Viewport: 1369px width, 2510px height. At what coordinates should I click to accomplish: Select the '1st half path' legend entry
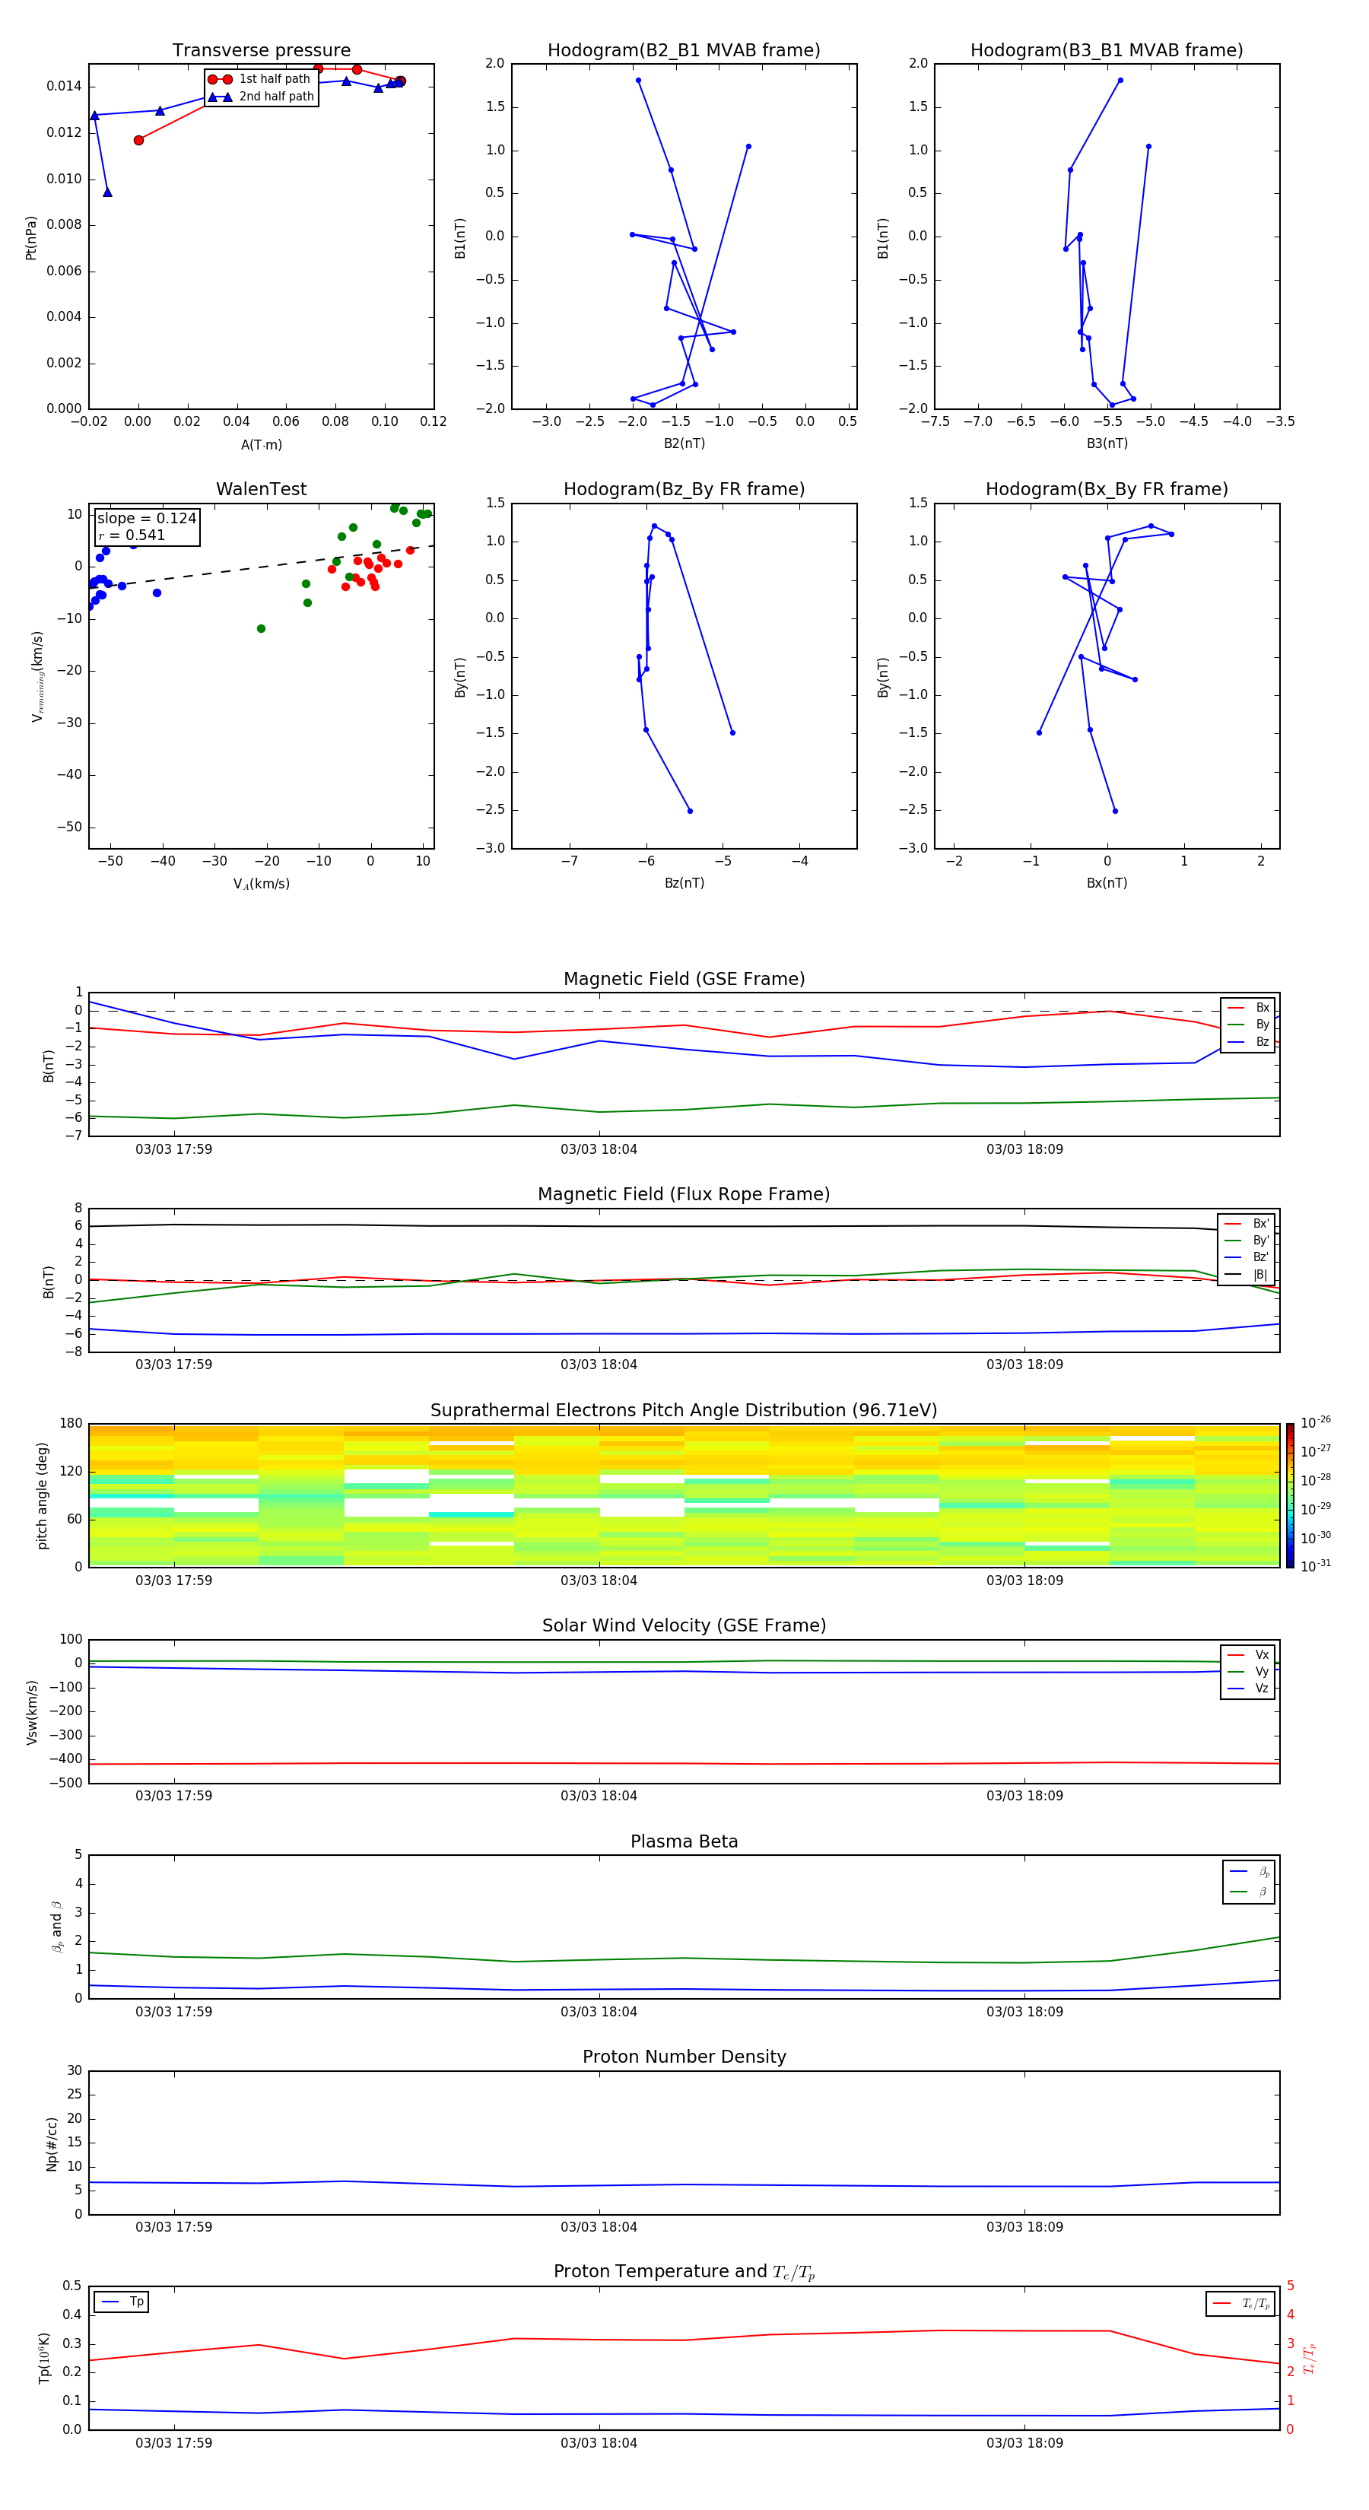[x=274, y=79]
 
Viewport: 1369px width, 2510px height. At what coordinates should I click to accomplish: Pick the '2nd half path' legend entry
[x=276, y=97]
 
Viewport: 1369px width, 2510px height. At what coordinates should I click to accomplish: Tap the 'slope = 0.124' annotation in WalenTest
[x=146, y=519]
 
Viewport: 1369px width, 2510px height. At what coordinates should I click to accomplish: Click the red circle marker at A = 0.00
[x=138, y=140]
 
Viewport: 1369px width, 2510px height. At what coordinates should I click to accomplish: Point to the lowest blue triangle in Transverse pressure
[x=107, y=192]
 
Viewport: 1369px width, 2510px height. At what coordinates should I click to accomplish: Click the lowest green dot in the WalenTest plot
[x=261, y=628]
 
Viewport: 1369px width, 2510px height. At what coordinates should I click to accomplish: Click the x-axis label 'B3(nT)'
[x=1107, y=443]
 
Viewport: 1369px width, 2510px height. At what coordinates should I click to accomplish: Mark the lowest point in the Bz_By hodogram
[x=690, y=811]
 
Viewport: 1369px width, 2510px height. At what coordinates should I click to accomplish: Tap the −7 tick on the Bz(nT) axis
[x=569, y=861]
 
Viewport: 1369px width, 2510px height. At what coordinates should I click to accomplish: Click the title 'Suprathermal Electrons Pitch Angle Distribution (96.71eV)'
[x=683, y=1410]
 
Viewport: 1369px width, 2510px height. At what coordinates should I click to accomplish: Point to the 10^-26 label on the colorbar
[x=1316, y=1422]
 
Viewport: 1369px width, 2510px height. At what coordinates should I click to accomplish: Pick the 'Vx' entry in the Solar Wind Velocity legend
[x=1261, y=1654]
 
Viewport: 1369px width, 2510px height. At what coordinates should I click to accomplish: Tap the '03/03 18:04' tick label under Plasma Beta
[x=599, y=2011]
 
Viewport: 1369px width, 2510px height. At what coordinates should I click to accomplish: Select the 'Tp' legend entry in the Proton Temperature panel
[x=135, y=2302]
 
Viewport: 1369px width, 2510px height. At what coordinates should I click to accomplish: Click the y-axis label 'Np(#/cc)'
[x=52, y=2143]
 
